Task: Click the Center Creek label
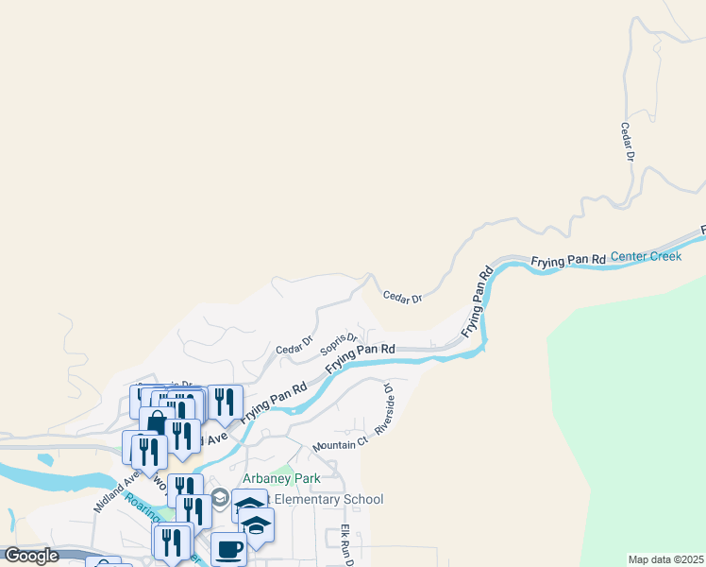[x=646, y=256]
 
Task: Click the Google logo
[x=31, y=556]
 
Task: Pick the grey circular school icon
[x=220, y=498]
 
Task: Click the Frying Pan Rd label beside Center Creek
[x=567, y=259]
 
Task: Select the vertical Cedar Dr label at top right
[x=626, y=142]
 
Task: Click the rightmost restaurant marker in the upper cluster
[x=225, y=401]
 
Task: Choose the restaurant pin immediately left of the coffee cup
[x=173, y=541]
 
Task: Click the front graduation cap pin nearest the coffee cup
[x=256, y=524]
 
